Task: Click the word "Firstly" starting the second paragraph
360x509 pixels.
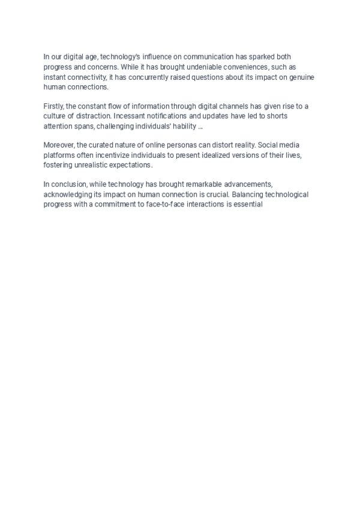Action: coord(54,106)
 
